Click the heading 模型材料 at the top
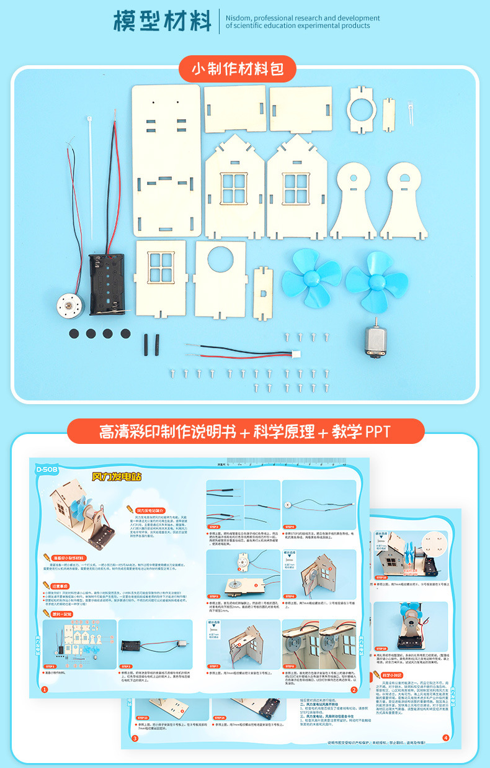point(163,21)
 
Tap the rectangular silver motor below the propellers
point(378,340)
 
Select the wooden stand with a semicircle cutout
point(404,202)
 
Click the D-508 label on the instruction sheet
point(48,469)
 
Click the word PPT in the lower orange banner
point(378,430)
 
